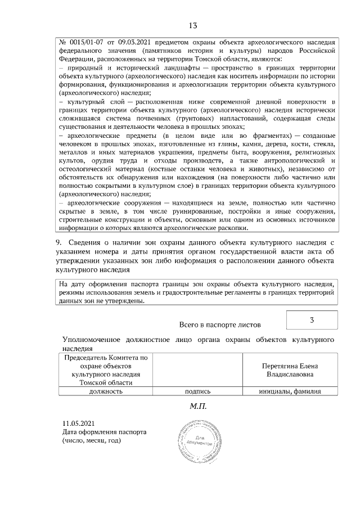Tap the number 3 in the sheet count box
tap(312, 320)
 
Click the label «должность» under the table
tap(106, 391)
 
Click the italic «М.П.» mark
tap(197, 406)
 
